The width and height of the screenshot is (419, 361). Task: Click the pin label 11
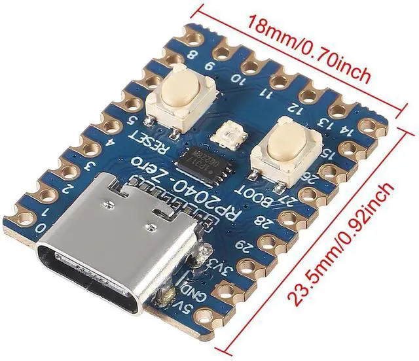[x=268, y=94]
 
